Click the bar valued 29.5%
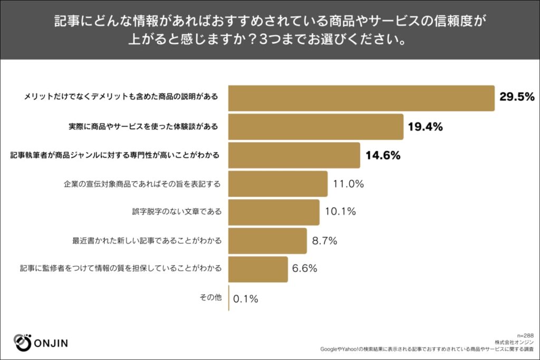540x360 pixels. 361,98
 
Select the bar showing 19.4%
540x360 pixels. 316,127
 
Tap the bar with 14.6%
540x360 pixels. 294,155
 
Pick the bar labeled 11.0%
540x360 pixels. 278,184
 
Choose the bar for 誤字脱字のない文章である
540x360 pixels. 274,212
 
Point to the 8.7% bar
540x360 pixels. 267,241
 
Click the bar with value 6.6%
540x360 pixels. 258,269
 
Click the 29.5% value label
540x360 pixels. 517,98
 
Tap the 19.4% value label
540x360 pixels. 425,127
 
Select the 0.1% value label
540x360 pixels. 245,298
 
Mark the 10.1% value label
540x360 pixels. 340,212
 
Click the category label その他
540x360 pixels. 210,298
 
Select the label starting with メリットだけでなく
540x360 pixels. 122,98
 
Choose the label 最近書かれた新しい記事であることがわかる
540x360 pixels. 147,241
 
